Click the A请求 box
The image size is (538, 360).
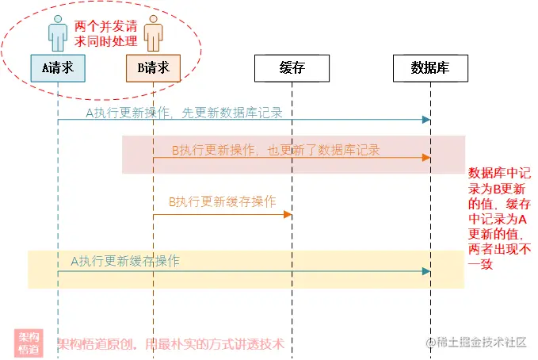point(57,68)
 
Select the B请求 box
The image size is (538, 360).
point(153,68)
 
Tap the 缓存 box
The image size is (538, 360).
point(292,68)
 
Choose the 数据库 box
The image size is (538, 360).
point(430,68)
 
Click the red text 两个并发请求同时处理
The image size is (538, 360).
point(105,34)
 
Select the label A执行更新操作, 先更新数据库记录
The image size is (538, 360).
point(184,113)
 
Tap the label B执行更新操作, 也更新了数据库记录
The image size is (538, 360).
point(276,150)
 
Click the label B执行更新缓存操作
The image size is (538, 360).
point(222,201)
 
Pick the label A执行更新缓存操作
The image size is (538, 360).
point(125,261)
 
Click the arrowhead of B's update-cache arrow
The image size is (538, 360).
point(288,215)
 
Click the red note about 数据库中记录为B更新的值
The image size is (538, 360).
point(501,219)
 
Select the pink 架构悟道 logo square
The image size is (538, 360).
point(29,343)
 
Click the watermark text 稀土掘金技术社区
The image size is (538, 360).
point(483,342)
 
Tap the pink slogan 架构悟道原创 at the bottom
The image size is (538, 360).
point(171,344)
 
